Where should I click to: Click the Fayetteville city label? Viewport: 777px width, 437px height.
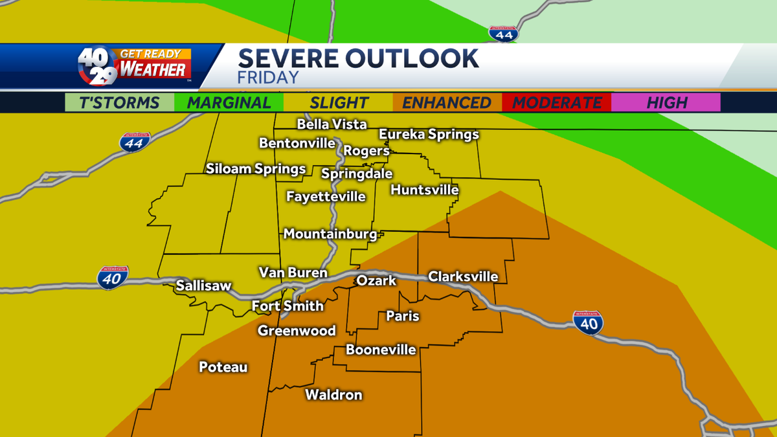[x=326, y=196]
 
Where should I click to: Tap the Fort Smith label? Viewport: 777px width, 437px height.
[x=287, y=306]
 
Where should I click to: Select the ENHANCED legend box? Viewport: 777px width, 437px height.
[x=447, y=102]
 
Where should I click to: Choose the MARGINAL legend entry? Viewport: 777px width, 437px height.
[x=229, y=102]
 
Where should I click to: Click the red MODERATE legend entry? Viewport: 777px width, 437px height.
[x=557, y=102]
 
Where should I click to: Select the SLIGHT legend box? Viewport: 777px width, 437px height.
[x=339, y=102]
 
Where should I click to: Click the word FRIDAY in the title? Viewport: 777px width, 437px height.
[x=268, y=78]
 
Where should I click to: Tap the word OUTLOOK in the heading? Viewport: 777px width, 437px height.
[x=412, y=58]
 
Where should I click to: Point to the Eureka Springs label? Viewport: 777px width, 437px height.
[x=429, y=135]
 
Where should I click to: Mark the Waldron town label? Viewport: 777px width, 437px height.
[x=333, y=394]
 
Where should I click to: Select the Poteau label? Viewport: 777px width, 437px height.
[x=223, y=367]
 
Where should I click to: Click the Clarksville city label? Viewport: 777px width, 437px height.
[x=463, y=276]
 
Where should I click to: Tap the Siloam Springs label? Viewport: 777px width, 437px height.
[x=256, y=169]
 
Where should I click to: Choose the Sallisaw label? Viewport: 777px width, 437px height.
[x=203, y=285]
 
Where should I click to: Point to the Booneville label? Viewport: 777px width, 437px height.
[x=381, y=350]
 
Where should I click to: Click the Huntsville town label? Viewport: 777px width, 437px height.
[x=424, y=190]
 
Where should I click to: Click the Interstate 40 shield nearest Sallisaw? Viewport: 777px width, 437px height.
[x=113, y=278]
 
